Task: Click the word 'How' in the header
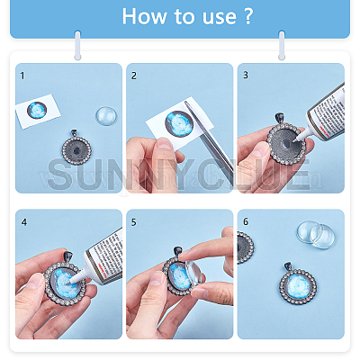(144, 16)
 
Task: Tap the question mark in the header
(247, 16)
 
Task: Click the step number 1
(22, 76)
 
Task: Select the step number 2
(134, 76)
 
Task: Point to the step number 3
(246, 75)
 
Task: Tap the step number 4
(24, 222)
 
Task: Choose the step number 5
(134, 222)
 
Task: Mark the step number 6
(246, 221)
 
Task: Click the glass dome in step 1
(106, 116)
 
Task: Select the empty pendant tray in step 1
(76, 148)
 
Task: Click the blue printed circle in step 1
(37, 110)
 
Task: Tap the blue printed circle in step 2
(179, 123)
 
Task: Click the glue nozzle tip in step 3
(296, 140)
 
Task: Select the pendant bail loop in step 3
(280, 118)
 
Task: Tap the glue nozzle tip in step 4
(69, 283)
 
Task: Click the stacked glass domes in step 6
(316, 235)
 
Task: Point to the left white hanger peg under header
(77, 45)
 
